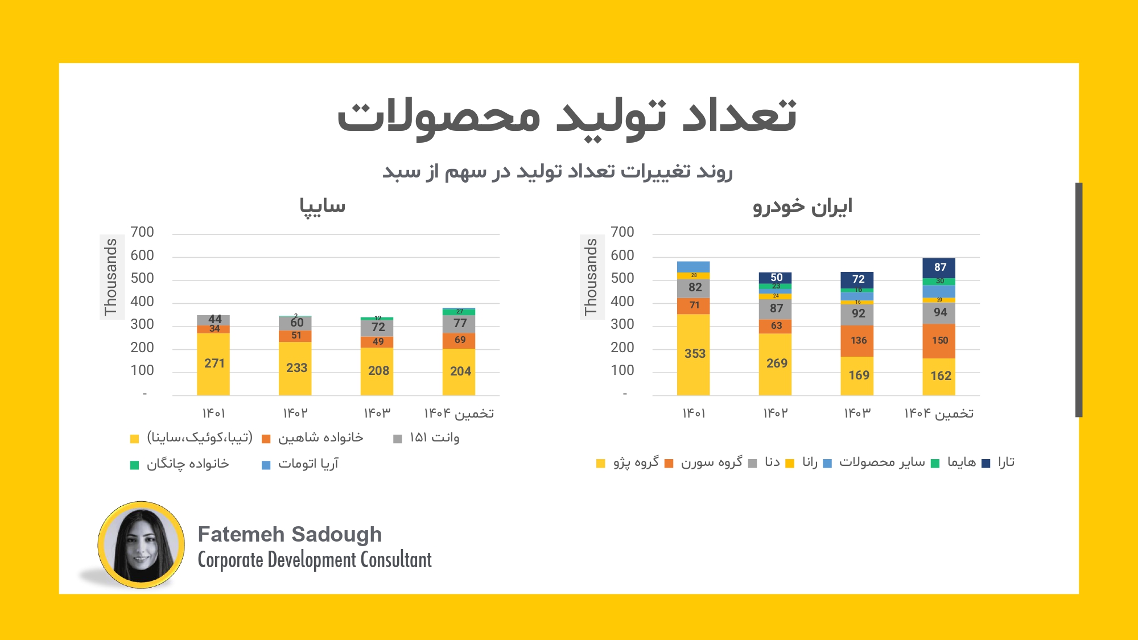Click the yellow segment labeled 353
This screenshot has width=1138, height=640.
coord(693,354)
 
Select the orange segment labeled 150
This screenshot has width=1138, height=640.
coord(939,341)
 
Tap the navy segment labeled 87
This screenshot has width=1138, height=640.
coord(939,267)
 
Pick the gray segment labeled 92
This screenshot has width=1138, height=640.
coord(857,313)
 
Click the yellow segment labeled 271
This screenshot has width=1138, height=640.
coord(213,364)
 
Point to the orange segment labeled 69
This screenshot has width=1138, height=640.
coord(459,340)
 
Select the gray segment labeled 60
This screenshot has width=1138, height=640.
coord(295,323)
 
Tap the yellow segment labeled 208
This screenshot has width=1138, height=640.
coord(377,371)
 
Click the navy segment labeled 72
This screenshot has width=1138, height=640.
coord(857,279)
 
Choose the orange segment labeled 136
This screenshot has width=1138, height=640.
coord(857,341)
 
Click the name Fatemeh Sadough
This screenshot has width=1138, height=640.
coord(290,535)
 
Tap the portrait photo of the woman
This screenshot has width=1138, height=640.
coord(141,545)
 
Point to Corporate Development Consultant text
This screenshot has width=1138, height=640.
coord(315,560)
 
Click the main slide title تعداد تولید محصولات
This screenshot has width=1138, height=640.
coord(567,116)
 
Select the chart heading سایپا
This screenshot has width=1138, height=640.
coord(323,206)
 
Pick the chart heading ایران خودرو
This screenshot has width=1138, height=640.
coord(802,206)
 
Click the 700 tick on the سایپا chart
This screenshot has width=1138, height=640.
coord(142,232)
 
